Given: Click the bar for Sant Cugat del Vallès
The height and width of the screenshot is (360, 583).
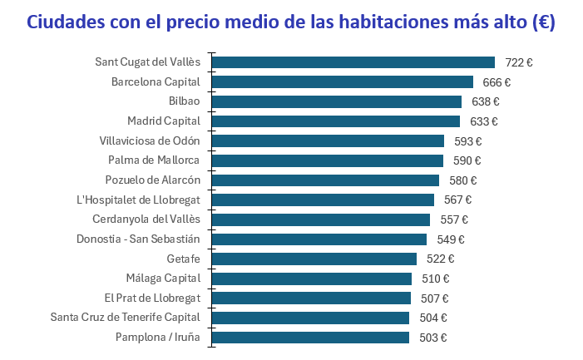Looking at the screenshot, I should pos(353,62).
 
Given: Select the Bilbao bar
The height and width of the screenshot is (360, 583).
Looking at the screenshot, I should pos(337,101).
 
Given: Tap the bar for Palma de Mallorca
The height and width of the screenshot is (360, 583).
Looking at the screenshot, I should pos(328,160).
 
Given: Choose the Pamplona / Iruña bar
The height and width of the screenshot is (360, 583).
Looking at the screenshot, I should pos(311,338).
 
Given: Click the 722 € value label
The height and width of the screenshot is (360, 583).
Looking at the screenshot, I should pos(519,62).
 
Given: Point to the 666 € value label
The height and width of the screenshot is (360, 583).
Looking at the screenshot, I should pos(497,82).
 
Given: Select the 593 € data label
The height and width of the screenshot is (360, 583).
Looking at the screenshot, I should pos(468,141).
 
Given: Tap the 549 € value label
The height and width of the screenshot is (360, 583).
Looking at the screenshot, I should pos(451,239).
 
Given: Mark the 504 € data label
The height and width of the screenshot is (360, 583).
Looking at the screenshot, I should pos(432,318).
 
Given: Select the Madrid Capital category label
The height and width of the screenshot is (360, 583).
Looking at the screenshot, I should pos(163,121).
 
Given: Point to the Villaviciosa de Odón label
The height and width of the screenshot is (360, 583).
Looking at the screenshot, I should pos(150,141).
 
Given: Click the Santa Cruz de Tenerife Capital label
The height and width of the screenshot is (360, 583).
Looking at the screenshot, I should pos(125,318).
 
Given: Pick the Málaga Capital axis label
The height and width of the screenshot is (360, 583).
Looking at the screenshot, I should pos(164,279).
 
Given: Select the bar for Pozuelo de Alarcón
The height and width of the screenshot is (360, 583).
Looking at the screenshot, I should pos(325,180).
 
